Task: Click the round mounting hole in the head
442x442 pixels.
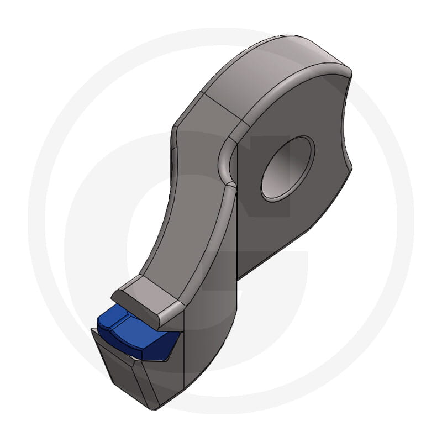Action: point(287,169)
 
